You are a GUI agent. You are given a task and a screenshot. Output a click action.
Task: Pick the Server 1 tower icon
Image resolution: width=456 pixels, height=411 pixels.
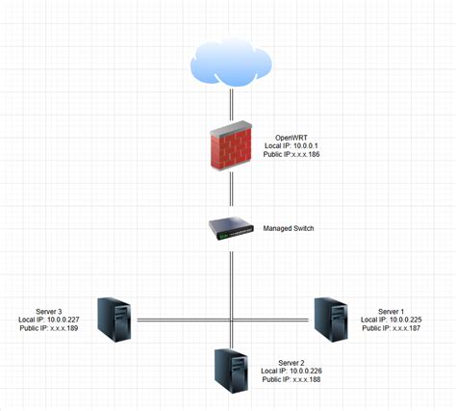pos(331,319)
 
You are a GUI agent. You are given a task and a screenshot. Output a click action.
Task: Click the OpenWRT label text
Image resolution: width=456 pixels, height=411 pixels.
pos(293,139)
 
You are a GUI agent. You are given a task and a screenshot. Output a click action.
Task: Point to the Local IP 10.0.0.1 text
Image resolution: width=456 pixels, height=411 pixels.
pos(293,147)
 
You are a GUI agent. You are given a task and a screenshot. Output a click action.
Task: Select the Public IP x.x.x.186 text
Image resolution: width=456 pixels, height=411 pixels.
pos(293,156)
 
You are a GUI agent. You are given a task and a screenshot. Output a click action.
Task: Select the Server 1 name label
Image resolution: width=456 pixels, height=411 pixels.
pos(391,312)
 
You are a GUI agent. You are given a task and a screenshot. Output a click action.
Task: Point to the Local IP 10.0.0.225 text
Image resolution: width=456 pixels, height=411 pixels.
pos(391,320)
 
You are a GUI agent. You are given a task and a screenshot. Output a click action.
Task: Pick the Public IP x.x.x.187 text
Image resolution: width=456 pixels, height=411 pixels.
pos(391,328)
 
